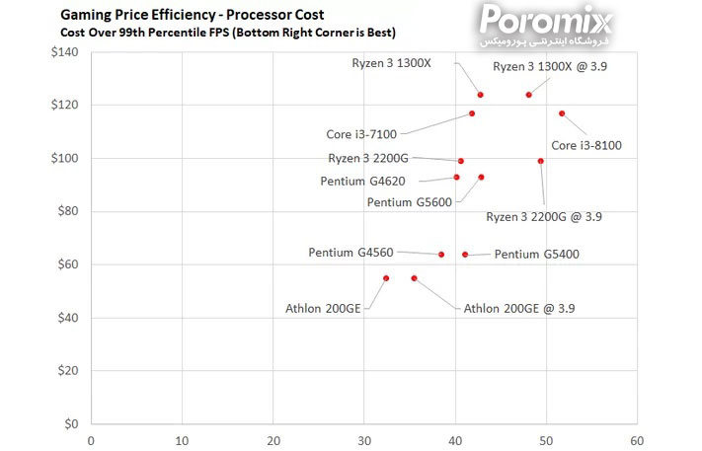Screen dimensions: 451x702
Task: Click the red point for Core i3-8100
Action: click(562, 113)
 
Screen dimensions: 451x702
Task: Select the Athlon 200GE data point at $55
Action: click(386, 278)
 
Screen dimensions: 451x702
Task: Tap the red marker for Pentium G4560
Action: click(441, 255)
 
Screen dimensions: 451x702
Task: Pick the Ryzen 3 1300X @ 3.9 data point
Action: click(529, 95)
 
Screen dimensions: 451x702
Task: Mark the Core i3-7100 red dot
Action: click(472, 113)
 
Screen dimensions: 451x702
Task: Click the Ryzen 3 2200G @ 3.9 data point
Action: click(541, 161)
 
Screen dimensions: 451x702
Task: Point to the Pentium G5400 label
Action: click(536, 255)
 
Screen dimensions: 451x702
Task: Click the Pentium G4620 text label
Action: click(362, 181)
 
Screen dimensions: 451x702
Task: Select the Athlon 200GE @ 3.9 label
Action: click(519, 308)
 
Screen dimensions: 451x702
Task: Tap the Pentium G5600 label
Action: click(409, 202)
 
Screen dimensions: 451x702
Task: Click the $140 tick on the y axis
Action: click(65, 52)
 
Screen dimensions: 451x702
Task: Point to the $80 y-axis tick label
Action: click(68, 211)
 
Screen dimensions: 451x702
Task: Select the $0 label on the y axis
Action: click(72, 424)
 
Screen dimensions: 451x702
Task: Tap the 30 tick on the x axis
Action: click(363, 440)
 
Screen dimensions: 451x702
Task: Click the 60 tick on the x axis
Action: click(637, 440)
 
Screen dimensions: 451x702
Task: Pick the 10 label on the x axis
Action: click(182, 440)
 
